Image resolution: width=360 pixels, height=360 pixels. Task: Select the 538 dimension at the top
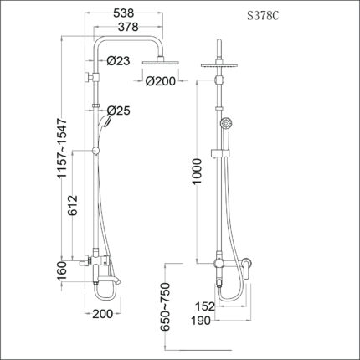[126, 14]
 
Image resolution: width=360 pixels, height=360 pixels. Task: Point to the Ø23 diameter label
[118, 59]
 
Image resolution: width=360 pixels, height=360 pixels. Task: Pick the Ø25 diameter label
[118, 111]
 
